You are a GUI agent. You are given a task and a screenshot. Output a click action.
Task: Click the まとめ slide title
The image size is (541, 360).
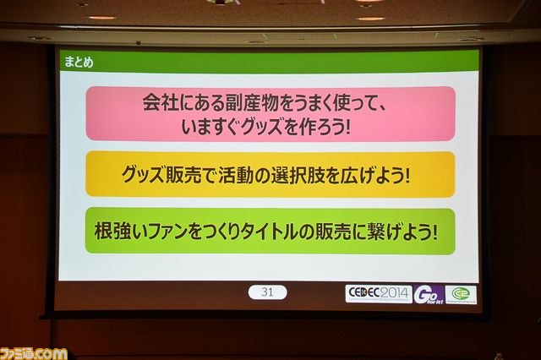pyautogui.click(x=79, y=62)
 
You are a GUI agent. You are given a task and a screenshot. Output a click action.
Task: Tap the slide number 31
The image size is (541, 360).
pyautogui.click(x=267, y=292)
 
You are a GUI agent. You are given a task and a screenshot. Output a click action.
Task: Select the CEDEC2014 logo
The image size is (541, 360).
pyautogui.click(x=379, y=294)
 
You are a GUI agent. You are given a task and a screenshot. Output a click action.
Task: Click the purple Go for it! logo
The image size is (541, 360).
pyautogui.click(x=429, y=295)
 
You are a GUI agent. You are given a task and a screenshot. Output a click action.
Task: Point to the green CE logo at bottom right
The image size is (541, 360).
pyautogui.click(x=461, y=295)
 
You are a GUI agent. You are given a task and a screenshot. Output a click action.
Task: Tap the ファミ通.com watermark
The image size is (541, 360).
pyautogui.click(x=34, y=354)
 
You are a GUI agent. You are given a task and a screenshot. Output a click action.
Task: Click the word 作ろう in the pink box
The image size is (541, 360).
pyautogui.click(x=321, y=128)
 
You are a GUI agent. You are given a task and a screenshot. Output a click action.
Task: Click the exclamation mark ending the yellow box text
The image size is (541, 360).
pyautogui.click(x=407, y=175)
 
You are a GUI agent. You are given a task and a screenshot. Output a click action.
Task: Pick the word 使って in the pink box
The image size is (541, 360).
pyautogui.click(x=356, y=102)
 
